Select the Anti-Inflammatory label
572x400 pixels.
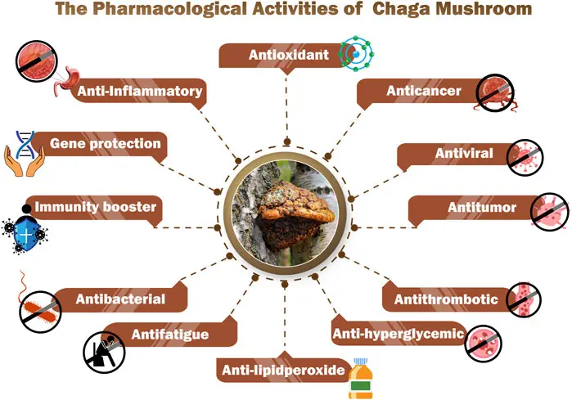point(138,91)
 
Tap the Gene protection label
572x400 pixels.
point(105,144)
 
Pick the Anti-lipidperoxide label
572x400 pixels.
point(283,371)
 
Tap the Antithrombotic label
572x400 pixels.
point(446,299)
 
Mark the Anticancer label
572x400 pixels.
point(424,91)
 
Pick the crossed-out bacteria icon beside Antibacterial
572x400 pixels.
point(39,309)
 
